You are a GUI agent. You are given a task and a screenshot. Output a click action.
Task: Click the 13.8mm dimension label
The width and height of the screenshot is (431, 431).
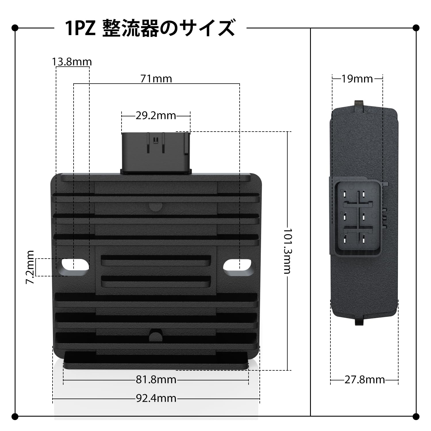(72, 62)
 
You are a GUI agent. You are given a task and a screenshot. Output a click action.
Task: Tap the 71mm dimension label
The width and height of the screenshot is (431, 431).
(156, 78)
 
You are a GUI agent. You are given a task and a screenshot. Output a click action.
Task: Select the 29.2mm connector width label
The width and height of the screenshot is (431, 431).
(156, 116)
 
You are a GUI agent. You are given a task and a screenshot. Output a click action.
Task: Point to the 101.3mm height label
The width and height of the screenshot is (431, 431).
(288, 251)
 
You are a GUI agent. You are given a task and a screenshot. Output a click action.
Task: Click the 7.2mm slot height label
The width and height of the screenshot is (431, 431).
(30, 267)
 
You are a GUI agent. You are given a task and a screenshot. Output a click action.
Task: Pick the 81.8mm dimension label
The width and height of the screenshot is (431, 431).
(156, 380)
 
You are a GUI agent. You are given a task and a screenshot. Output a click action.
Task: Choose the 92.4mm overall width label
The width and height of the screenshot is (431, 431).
(156, 398)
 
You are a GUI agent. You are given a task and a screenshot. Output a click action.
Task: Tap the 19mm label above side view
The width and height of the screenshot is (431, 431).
(357, 78)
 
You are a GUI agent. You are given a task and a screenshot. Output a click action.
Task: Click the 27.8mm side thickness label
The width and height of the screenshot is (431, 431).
(365, 380)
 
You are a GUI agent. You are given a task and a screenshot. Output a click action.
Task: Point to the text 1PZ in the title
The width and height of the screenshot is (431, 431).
(80, 28)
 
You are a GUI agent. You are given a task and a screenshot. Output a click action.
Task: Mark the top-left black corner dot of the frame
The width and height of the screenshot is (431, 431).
(15, 28)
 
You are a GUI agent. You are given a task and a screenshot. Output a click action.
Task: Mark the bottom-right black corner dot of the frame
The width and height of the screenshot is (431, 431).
(416, 416)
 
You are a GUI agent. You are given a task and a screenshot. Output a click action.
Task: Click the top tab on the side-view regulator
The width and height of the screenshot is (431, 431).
(359, 105)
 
